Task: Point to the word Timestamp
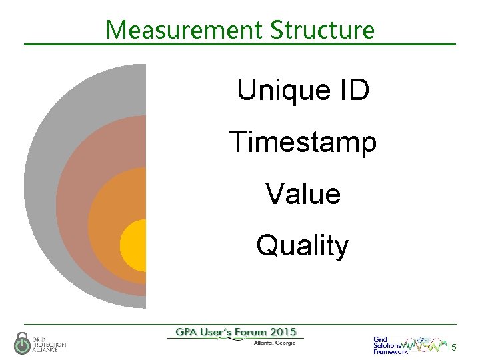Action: click(303, 142)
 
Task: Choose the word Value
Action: click(303, 194)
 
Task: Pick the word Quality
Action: click(303, 245)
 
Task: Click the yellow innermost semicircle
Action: click(134, 245)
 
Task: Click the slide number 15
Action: click(452, 347)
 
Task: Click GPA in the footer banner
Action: click(189, 332)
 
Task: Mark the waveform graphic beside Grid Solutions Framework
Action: click(427, 345)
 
